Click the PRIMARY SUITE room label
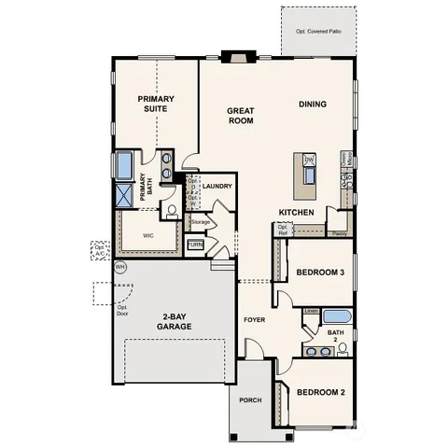pos(155,105)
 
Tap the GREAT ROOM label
pos(241,116)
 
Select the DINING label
pos(313,104)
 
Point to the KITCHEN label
pos(295,213)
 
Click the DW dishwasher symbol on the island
pos(309,161)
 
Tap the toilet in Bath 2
pos(343,348)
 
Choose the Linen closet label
pos(311,311)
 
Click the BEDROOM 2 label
pos(320,393)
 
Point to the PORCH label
pos(249,400)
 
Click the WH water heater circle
pos(119,266)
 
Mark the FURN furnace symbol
pos(195,245)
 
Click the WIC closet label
pos(147,236)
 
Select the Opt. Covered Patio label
pos(318,32)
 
